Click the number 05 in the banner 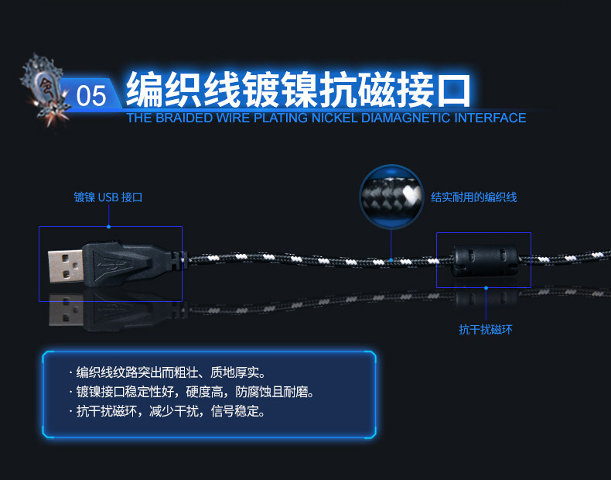pos(91,96)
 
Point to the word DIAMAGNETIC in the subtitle pos(406,118)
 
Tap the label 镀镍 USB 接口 pos(108,197)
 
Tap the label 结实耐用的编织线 pos(473,197)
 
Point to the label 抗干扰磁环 pos(486,330)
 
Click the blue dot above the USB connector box pos(109,226)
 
